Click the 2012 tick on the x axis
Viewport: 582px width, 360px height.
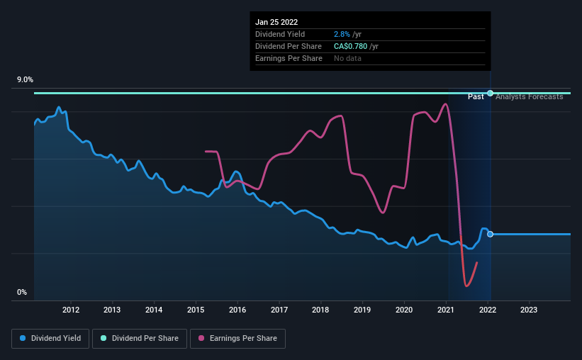pyautogui.click(x=70, y=310)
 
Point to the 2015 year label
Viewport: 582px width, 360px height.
pyautogui.click(x=196, y=310)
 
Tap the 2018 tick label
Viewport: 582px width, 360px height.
pyautogui.click(x=321, y=310)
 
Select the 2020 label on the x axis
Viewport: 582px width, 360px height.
pyautogui.click(x=404, y=310)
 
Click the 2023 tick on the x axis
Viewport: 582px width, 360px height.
pyautogui.click(x=529, y=310)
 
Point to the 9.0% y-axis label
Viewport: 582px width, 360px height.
pyautogui.click(x=26, y=80)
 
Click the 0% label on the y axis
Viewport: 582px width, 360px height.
pyautogui.click(x=21, y=292)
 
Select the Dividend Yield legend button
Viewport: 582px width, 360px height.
pyautogui.click(x=50, y=339)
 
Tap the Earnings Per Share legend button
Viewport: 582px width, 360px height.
pyautogui.click(x=237, y=339)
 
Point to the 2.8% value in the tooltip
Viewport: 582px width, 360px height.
pyautogui.click(x=342, y=34)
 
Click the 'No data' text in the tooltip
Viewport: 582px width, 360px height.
pyautogui.click(x=347, y=58)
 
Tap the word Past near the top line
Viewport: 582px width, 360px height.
pyautogui.click(x=476, y=96)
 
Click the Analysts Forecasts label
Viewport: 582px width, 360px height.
pyautogui.click(x=530, y=96)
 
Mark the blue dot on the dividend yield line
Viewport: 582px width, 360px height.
pyautogui.click(x=490, y=234)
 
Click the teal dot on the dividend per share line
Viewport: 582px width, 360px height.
pyautogui.click(x=490, y=93)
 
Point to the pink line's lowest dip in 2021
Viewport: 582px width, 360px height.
pyautogui.click(x=466, y=286)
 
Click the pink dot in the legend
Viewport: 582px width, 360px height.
pyautogui.click(x=201, y=339)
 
